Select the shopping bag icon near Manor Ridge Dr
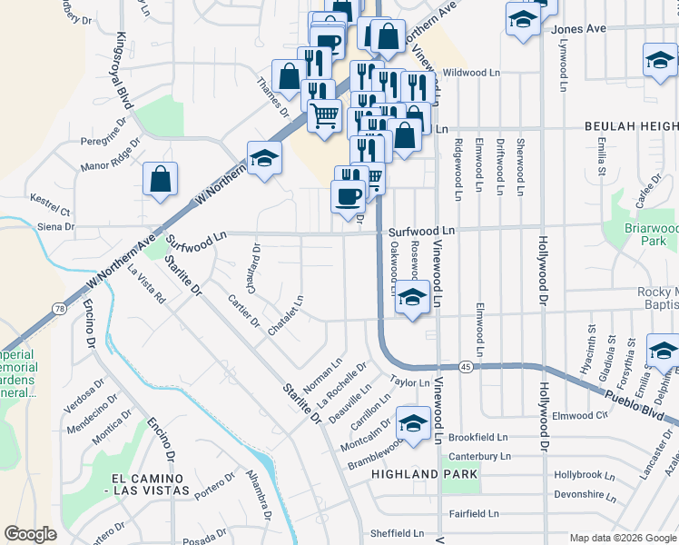160,179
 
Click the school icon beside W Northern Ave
264,158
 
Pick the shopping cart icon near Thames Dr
324,115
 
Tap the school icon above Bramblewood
413,423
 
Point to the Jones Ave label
578,29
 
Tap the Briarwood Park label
652,234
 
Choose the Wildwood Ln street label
471,72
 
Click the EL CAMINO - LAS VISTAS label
151,484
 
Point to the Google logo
31,534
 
